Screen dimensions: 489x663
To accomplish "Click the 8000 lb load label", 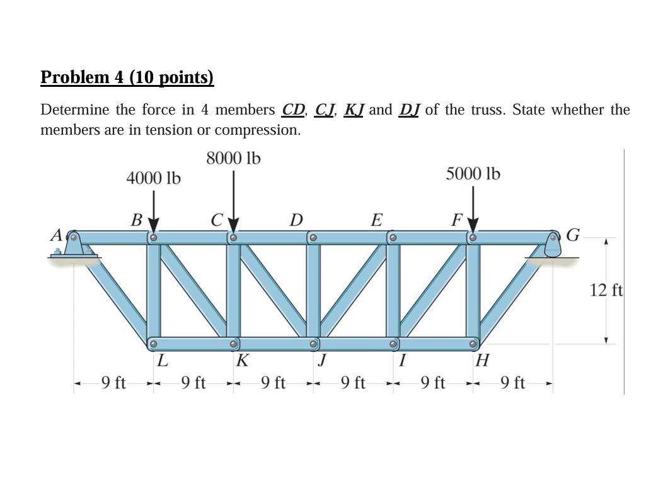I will click(233, 159).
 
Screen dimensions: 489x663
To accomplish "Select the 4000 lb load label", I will click(153, 179).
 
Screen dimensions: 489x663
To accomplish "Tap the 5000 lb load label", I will click(473, 174).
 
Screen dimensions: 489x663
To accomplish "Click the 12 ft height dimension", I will click(606, 291).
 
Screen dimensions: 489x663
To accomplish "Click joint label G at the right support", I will click(573, 236).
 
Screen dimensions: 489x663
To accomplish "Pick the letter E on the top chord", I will click(376, 220).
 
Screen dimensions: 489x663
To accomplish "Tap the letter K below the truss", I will click(242, 361).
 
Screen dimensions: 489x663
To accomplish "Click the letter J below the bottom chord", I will click(322, 361).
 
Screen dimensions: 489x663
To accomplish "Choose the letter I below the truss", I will click(401, 361).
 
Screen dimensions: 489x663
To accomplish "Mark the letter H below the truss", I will click(482, 361).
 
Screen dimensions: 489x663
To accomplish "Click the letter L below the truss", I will click(162, 361).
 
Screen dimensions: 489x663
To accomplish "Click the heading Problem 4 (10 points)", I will click(127, 77).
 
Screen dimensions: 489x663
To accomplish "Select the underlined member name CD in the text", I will click(293, 110).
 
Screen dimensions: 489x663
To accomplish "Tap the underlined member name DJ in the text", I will click(410, 110).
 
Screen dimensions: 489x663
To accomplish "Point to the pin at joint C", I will click(233, 238).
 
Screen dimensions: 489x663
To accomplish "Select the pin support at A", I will click(74, 245).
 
